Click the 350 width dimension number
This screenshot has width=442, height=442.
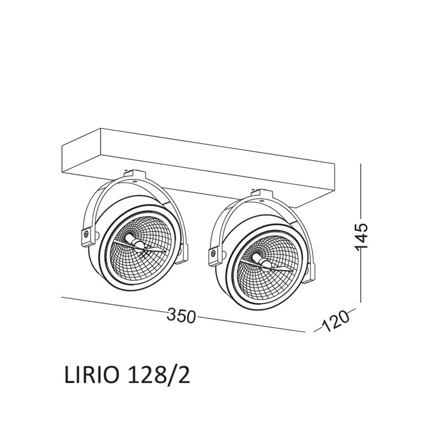(181, 315)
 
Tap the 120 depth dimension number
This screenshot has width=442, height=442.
(335, 322)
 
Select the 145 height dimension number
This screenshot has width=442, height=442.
(361, 236)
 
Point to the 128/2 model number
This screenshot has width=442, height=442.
(159, 376)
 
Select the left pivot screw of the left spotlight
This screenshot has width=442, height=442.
(86, 234)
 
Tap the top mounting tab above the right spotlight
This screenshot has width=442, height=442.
(261, 195)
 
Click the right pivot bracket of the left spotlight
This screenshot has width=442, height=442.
(182, 254)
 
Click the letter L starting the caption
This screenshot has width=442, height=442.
(70, 376)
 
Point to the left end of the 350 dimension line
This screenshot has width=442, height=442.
(61, 296)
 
